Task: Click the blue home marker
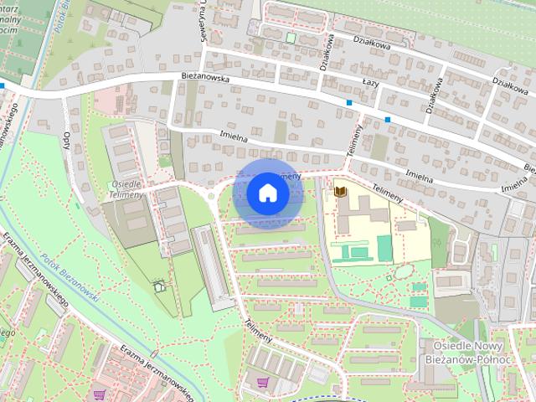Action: click(267, 193)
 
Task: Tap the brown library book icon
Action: click(339, 192)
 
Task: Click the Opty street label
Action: click(67, 140)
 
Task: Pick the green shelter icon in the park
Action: click(159, 286)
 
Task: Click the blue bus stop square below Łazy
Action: click(348, 103)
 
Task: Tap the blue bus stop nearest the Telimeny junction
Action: click(388, 120)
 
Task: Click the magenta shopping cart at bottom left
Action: click(100, 394)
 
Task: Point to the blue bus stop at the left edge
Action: click(3, 85)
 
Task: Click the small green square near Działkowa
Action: click(291, 37)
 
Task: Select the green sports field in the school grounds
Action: click(384, 247)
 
